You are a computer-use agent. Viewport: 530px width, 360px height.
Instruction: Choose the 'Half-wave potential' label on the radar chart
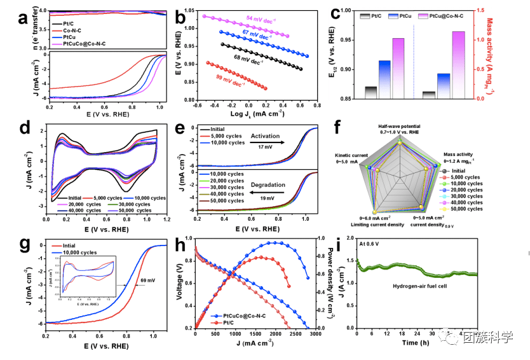point(399,127)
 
